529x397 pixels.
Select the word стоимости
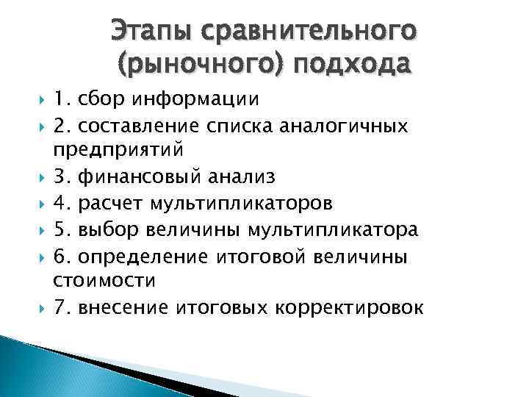point(104,280)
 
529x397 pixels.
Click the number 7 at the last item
point(60,307)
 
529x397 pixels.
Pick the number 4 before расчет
point(60,203)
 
